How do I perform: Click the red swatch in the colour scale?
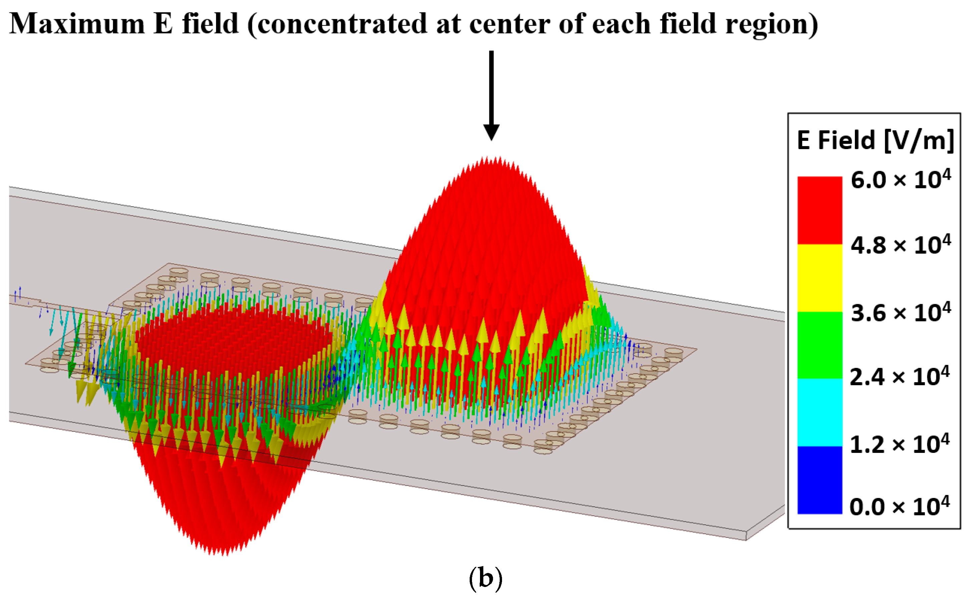[x=819, y=210]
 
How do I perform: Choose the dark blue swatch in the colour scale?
[x=819, y=480]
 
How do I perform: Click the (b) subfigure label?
[x=485, y=578]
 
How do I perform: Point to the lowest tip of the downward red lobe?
[x=224, y=555]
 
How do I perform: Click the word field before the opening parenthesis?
[x=210, y=24]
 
